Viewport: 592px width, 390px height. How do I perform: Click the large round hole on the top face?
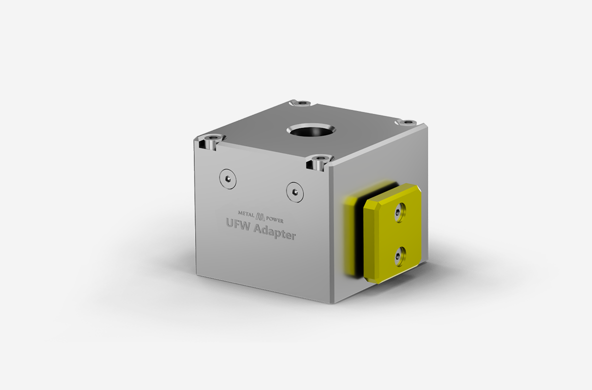point(311,132)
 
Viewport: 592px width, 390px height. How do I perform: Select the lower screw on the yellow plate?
point(398,256)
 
